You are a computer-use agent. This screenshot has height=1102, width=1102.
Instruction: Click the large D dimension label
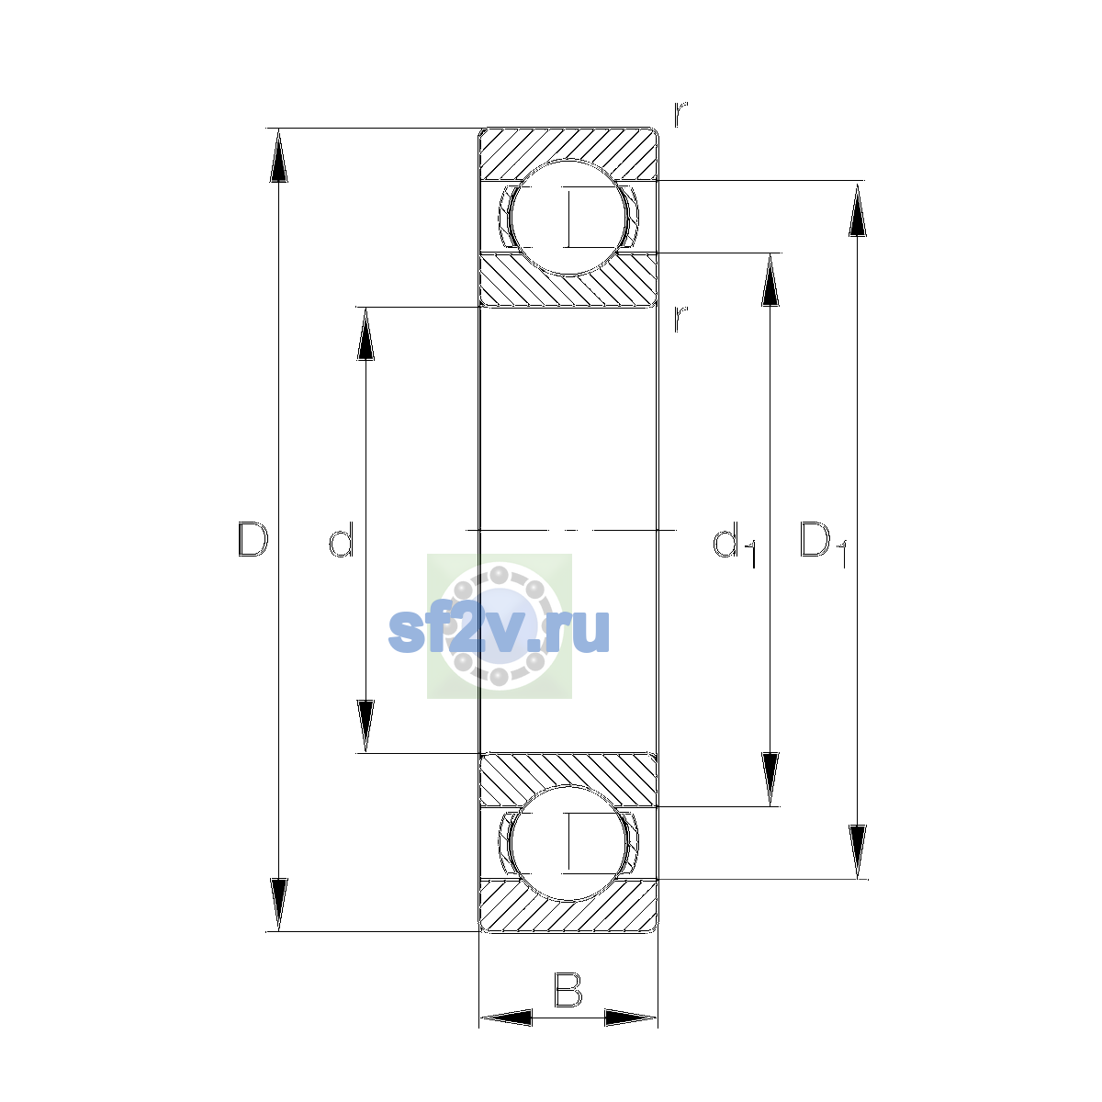[x=253, y=539]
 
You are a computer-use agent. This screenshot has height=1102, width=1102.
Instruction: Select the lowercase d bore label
[x=342, y=539]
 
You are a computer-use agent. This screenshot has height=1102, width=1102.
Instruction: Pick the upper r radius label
[x=680, y=114]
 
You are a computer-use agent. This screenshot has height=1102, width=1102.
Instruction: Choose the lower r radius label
[x=680, y=319]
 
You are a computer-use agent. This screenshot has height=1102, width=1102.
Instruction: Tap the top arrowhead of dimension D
[x=278, y=155]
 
